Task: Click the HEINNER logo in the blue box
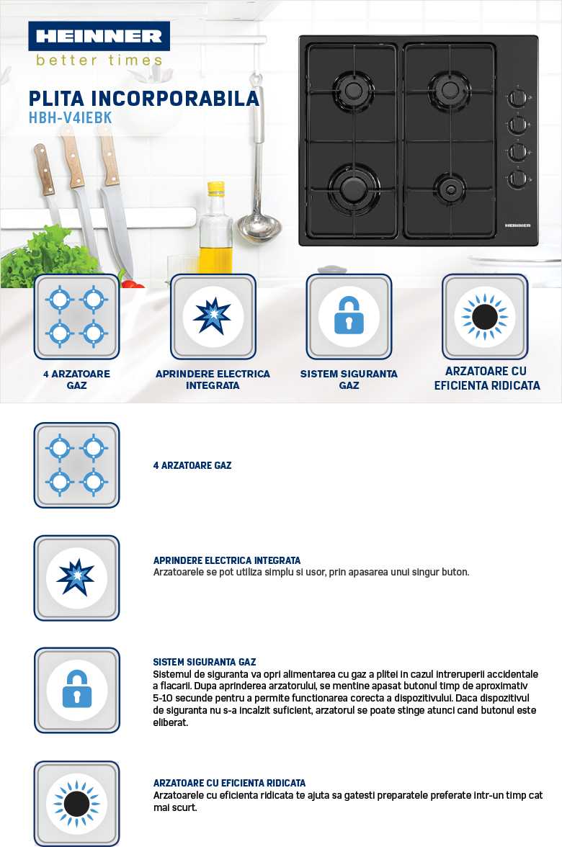pos(99,36)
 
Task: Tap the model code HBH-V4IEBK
pos(71,118)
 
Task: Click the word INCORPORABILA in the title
pos(175,98)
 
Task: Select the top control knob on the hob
pos(517,98)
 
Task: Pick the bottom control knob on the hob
pos(517,179)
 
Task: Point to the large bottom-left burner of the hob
pos(353,187)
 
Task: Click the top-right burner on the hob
pos(448,89)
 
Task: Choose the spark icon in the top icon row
pos(213,316)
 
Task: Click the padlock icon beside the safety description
pos(76,689)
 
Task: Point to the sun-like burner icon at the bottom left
pos(76,804)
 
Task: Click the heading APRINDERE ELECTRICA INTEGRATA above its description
pos(227,560)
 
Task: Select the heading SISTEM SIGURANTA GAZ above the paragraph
pos(205,662)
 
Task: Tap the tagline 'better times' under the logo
pos(99,60)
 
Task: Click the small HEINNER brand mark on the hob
pos(517,225)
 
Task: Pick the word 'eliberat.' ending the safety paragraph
pos(170,723)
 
